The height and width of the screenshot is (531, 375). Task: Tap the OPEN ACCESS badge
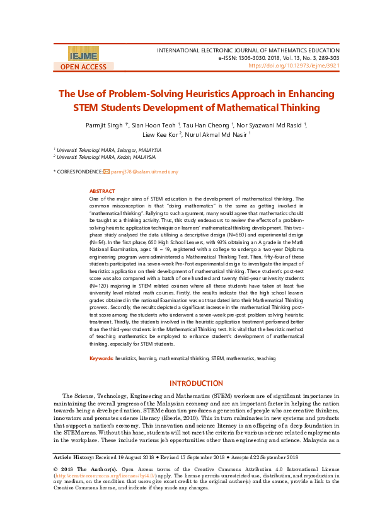[83, 66]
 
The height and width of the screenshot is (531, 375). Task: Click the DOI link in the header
[294, 65]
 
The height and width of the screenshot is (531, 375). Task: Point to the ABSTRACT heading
[102, 191]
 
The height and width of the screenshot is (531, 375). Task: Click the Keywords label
[101, 358]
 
